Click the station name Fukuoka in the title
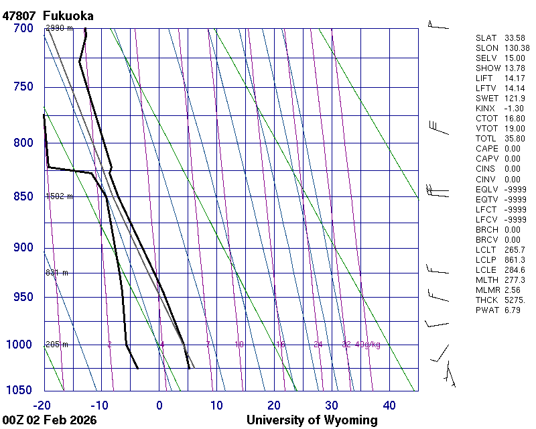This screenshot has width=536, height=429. point(68,15)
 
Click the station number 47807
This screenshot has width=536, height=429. point(19,15)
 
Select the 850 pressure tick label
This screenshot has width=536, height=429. point(23,196)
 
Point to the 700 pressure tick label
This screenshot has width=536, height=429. point(23,28)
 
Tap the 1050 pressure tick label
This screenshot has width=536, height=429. point(20,390)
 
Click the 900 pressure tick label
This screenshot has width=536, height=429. point(23,248)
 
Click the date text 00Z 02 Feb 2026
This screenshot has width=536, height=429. point(50,420)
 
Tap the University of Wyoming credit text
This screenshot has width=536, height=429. point(312,420)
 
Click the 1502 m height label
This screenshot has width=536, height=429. point(59,196)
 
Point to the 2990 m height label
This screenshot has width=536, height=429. point(59,28)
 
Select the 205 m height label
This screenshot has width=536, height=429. point(57,345)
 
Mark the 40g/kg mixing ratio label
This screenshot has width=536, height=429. point(368,345)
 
